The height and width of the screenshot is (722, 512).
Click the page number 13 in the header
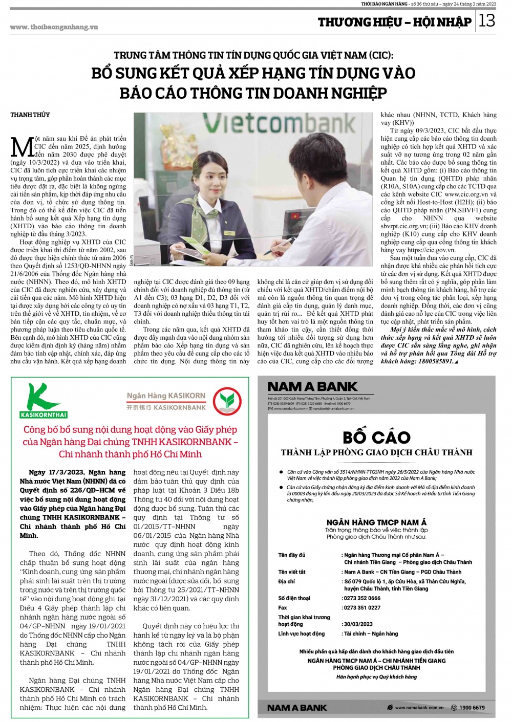[487, 20]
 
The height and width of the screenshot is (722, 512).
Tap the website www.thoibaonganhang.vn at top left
[54, 27]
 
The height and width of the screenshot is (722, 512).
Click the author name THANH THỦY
[30, 115]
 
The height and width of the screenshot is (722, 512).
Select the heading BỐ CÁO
[376, 437]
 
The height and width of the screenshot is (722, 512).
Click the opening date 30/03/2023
[358, 624]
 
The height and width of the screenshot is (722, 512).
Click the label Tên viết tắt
[292, 572]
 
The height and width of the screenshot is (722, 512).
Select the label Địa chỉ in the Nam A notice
[287, 581]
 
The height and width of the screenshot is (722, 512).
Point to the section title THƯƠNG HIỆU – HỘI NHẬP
[394, 21]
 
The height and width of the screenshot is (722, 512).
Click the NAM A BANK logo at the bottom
[297, 708]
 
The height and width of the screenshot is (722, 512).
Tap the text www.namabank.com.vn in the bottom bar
[419, 708]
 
